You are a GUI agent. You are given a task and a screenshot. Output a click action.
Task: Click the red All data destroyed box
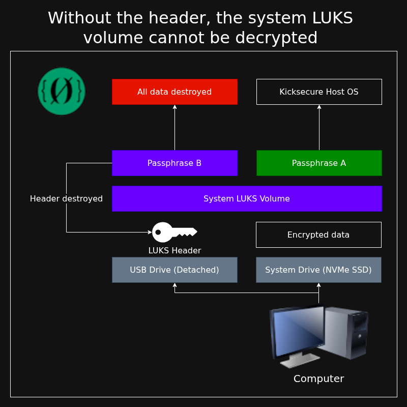[175, 92]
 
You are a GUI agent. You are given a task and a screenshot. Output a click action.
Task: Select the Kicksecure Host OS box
[319, 92]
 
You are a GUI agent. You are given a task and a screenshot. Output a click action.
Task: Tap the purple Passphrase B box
[175, 163]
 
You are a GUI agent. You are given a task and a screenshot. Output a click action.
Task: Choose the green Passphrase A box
[319, 163]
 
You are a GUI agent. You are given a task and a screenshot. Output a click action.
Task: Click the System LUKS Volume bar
[247, 198]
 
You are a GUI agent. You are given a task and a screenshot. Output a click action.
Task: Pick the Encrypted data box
[318, 235]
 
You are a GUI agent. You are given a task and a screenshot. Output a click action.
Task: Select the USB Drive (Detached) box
[175, 270]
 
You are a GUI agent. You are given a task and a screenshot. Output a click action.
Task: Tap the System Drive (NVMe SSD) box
[318, 270]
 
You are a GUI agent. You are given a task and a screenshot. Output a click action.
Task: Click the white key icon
[173, 232]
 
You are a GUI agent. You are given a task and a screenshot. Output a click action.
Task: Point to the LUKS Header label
[175, 250]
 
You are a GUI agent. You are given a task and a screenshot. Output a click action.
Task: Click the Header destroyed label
[66, 198]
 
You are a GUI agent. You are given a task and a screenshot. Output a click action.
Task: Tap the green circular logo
[62, 92]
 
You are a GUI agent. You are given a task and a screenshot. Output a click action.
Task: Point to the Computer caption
[318, 379]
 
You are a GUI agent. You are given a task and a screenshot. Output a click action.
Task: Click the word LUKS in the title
[331, 18]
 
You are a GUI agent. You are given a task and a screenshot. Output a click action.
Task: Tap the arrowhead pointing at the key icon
[150, 232]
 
